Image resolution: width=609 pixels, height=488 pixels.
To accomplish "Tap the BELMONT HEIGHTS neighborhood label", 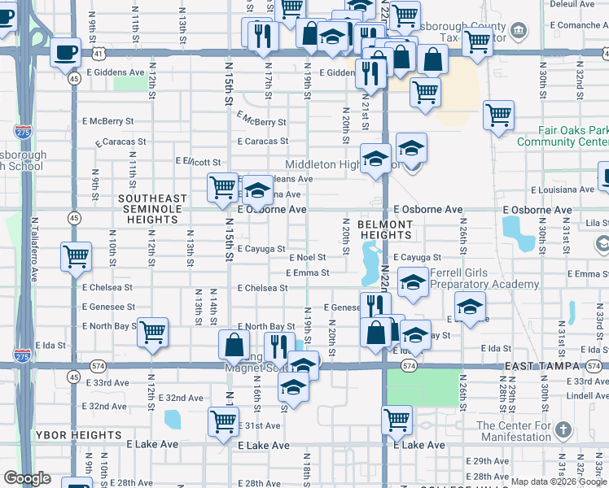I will click(385, 229).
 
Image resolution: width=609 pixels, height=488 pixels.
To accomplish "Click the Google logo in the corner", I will click(27, 478).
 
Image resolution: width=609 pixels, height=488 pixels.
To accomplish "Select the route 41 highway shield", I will click(98, 52).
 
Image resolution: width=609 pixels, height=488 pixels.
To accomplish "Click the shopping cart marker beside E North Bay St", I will click(152, 332).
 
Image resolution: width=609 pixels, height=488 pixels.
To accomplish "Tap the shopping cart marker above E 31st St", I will click(223, 421).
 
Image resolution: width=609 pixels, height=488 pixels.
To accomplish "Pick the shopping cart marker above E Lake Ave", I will click(397, 420).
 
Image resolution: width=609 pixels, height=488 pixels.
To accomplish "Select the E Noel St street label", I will click(307, 257).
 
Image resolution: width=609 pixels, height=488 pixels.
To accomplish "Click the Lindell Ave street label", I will click(586, 395).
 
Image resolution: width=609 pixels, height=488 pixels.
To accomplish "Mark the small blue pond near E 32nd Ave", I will click(172, 419).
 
